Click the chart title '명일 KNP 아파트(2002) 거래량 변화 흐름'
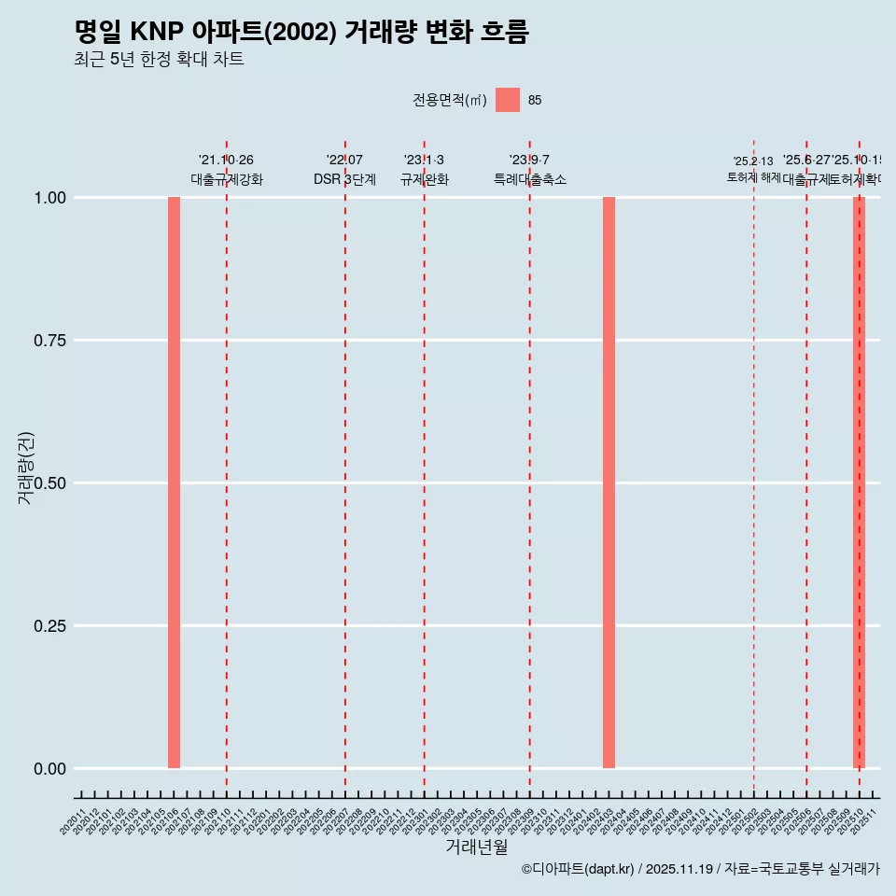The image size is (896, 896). [301, 33]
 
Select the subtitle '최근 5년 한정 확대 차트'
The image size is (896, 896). [159, 61]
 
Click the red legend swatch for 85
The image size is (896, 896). [507, 100]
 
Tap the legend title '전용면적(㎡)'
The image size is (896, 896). [450, 101]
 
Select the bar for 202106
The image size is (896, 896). [174, 483]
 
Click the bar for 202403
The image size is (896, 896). [609, 483]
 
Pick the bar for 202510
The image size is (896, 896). [859, 483]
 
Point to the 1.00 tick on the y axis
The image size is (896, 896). [49, 198]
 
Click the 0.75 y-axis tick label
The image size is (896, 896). [49, 341]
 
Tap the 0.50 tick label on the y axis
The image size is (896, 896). [49, 483]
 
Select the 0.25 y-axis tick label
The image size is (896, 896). [49, 626]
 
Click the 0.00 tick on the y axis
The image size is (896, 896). [49, 769]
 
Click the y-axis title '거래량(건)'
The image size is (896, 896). [26, 469]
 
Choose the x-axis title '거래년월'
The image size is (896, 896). [476, 847]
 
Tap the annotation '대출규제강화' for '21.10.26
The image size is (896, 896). [227, 179]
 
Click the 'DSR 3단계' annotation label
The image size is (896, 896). [344, 179]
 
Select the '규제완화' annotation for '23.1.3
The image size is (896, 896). [425, 179]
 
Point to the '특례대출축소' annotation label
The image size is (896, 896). [530, 179]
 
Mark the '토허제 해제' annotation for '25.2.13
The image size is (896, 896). [753, 177]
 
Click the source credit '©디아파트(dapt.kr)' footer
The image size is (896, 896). [578, 870]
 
